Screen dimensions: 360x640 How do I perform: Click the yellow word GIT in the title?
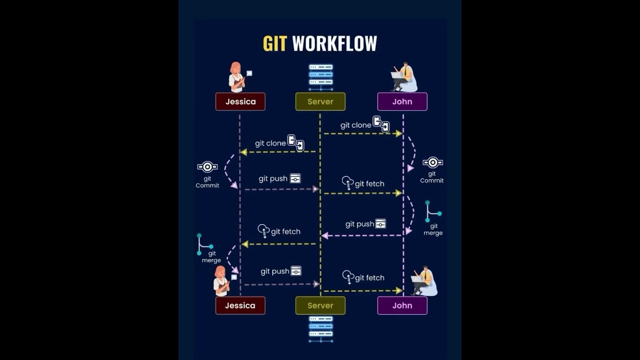point(274,43)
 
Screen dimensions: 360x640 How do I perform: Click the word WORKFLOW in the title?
point(334,43)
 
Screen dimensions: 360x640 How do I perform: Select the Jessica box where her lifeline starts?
point(240,101)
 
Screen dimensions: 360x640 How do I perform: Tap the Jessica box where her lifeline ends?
point(240,305)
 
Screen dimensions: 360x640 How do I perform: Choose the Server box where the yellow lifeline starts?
point(320,101)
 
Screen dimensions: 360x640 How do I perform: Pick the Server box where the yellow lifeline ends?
point(320,305)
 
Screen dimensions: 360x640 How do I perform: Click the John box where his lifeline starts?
point(402,101)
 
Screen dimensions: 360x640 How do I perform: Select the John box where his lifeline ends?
point(402,305)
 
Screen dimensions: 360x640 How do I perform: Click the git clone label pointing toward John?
point(355,125)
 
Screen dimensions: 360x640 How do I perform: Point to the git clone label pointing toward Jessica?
point(270,143)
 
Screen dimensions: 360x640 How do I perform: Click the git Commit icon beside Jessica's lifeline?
point(207,167)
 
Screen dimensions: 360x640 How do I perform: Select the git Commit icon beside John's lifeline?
point(432,162)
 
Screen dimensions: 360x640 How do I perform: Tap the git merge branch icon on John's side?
point(432,212)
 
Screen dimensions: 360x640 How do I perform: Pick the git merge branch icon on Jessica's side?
point(204,244)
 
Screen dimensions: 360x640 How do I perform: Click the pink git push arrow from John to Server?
point(362,235)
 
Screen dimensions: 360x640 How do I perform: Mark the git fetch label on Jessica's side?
point(285,231)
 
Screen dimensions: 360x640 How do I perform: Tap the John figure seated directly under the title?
point(404,77)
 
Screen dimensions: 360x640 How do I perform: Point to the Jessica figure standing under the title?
point(236,77)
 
